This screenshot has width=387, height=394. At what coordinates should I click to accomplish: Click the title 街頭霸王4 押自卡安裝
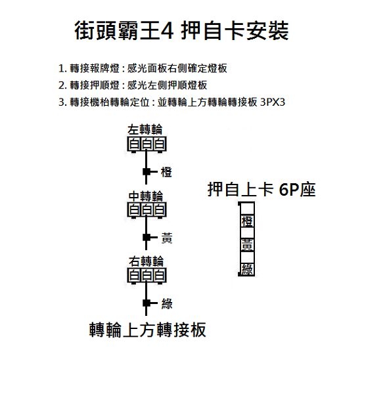181,31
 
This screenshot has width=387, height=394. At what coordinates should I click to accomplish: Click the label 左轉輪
145,129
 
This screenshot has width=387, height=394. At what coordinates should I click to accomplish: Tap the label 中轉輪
146,196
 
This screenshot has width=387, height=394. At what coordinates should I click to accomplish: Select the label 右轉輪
146,261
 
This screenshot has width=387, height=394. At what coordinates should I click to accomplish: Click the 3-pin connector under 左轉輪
147,144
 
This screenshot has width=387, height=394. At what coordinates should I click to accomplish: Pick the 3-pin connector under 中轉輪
147,210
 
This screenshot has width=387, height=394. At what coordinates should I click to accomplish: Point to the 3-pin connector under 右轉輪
147,276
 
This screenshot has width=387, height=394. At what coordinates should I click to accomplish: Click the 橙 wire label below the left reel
166,172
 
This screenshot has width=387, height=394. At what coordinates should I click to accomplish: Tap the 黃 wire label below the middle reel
167,238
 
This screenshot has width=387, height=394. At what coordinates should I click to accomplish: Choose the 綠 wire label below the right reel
167,303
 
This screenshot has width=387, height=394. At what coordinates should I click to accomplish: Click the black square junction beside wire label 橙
147,172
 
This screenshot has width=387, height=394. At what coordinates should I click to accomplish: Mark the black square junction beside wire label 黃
147,238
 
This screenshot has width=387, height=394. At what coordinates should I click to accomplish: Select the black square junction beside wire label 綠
147,303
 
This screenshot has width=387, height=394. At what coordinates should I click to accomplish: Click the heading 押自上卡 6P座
262,190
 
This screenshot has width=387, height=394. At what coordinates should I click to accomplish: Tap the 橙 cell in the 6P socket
247,221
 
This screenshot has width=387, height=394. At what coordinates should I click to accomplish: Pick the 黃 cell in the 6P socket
247,245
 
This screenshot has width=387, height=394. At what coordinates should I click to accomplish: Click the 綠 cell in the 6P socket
247,269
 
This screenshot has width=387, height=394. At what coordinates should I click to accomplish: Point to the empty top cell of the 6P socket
247,208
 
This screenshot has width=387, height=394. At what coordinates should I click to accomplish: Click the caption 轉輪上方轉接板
148,330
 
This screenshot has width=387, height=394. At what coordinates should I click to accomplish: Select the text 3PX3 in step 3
273,102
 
